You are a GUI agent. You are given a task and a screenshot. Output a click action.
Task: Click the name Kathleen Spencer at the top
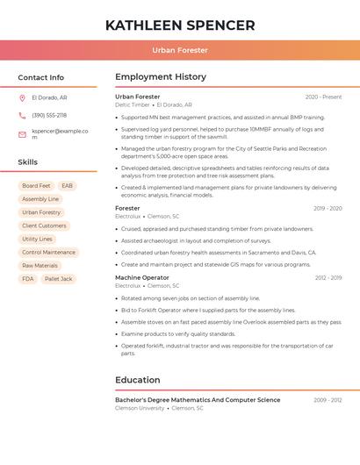(180, 25)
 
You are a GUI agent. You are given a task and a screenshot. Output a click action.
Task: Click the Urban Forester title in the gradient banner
(180, 50)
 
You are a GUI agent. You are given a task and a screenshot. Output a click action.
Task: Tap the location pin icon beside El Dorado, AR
(22, 97)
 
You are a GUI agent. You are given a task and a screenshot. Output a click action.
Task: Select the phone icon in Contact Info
(22, 115)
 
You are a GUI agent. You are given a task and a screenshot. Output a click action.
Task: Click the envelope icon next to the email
(22, 134)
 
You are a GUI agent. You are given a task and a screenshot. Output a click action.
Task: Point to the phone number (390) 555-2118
(49, 115)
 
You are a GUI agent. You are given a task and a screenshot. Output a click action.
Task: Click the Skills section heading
(28, 162)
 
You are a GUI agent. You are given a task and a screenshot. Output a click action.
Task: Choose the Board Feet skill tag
(36, 186)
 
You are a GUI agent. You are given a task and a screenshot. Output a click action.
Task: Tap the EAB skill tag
(68, 186)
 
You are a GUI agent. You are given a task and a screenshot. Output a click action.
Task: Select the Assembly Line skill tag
(40, 199)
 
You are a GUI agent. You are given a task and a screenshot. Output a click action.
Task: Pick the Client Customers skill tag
(44, 225)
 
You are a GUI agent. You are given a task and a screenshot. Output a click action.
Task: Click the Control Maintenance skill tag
(48, 252)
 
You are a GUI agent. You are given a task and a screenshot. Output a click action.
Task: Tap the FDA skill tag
(28, 279)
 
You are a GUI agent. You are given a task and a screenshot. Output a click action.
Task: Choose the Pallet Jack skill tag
(58, 279)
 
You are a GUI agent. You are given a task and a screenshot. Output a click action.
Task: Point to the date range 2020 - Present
(323, 97)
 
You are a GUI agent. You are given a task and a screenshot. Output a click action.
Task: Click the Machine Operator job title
(142, 277)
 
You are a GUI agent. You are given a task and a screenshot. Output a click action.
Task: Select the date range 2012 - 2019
(328, 277)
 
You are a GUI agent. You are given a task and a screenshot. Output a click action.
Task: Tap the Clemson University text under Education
(140, 408)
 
